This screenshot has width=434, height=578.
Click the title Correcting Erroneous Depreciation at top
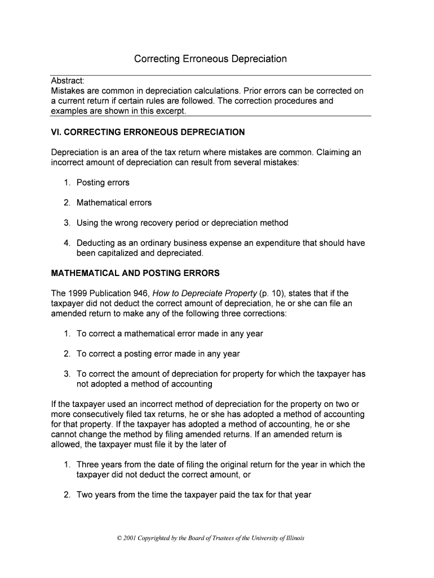pos(210,59)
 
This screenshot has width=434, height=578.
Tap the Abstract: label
pos(67,81)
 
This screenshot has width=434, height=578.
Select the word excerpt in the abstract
pos(169,111)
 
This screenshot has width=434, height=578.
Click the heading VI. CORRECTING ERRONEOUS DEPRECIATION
pos(148,132)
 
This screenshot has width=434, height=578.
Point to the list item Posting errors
pos(103,182)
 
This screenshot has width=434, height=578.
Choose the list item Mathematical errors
pos(114,203)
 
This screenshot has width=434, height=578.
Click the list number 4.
pos(67,243)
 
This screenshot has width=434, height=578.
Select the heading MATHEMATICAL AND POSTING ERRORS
pos(135,273)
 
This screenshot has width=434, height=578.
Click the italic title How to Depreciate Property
pos(204,294)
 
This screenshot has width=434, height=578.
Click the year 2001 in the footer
pos(130,538)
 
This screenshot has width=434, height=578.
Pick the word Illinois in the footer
pos(292,538)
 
